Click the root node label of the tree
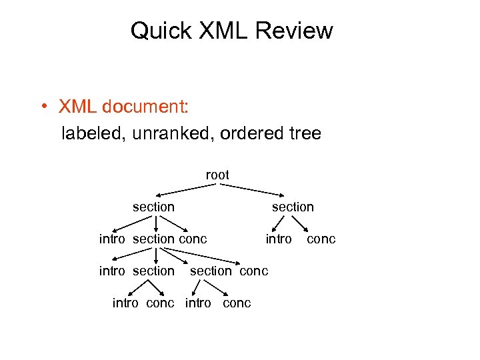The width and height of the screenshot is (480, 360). coord(217,175)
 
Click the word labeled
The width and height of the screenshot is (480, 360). coord(93,133)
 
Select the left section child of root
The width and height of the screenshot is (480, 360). coord(153,207)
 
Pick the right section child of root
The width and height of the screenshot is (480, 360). coord(293,207)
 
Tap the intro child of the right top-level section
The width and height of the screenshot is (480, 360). coord(279,239)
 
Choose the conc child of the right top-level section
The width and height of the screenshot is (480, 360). coord(321,239)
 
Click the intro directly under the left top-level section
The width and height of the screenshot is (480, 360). coord(112,239)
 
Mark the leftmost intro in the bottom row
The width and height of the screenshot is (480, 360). coord(126,303)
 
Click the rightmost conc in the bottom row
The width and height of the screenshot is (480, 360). coord(237,303)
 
